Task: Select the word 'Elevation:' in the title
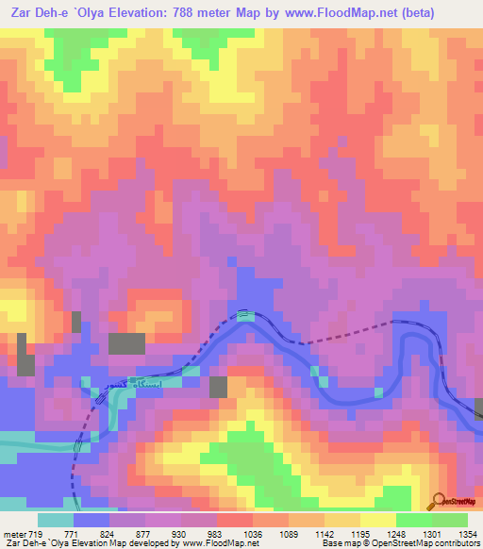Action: click(x=139, y=10)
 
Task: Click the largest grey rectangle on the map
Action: click(x=126, y=343)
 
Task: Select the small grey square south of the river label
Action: click(x=218, y=387)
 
